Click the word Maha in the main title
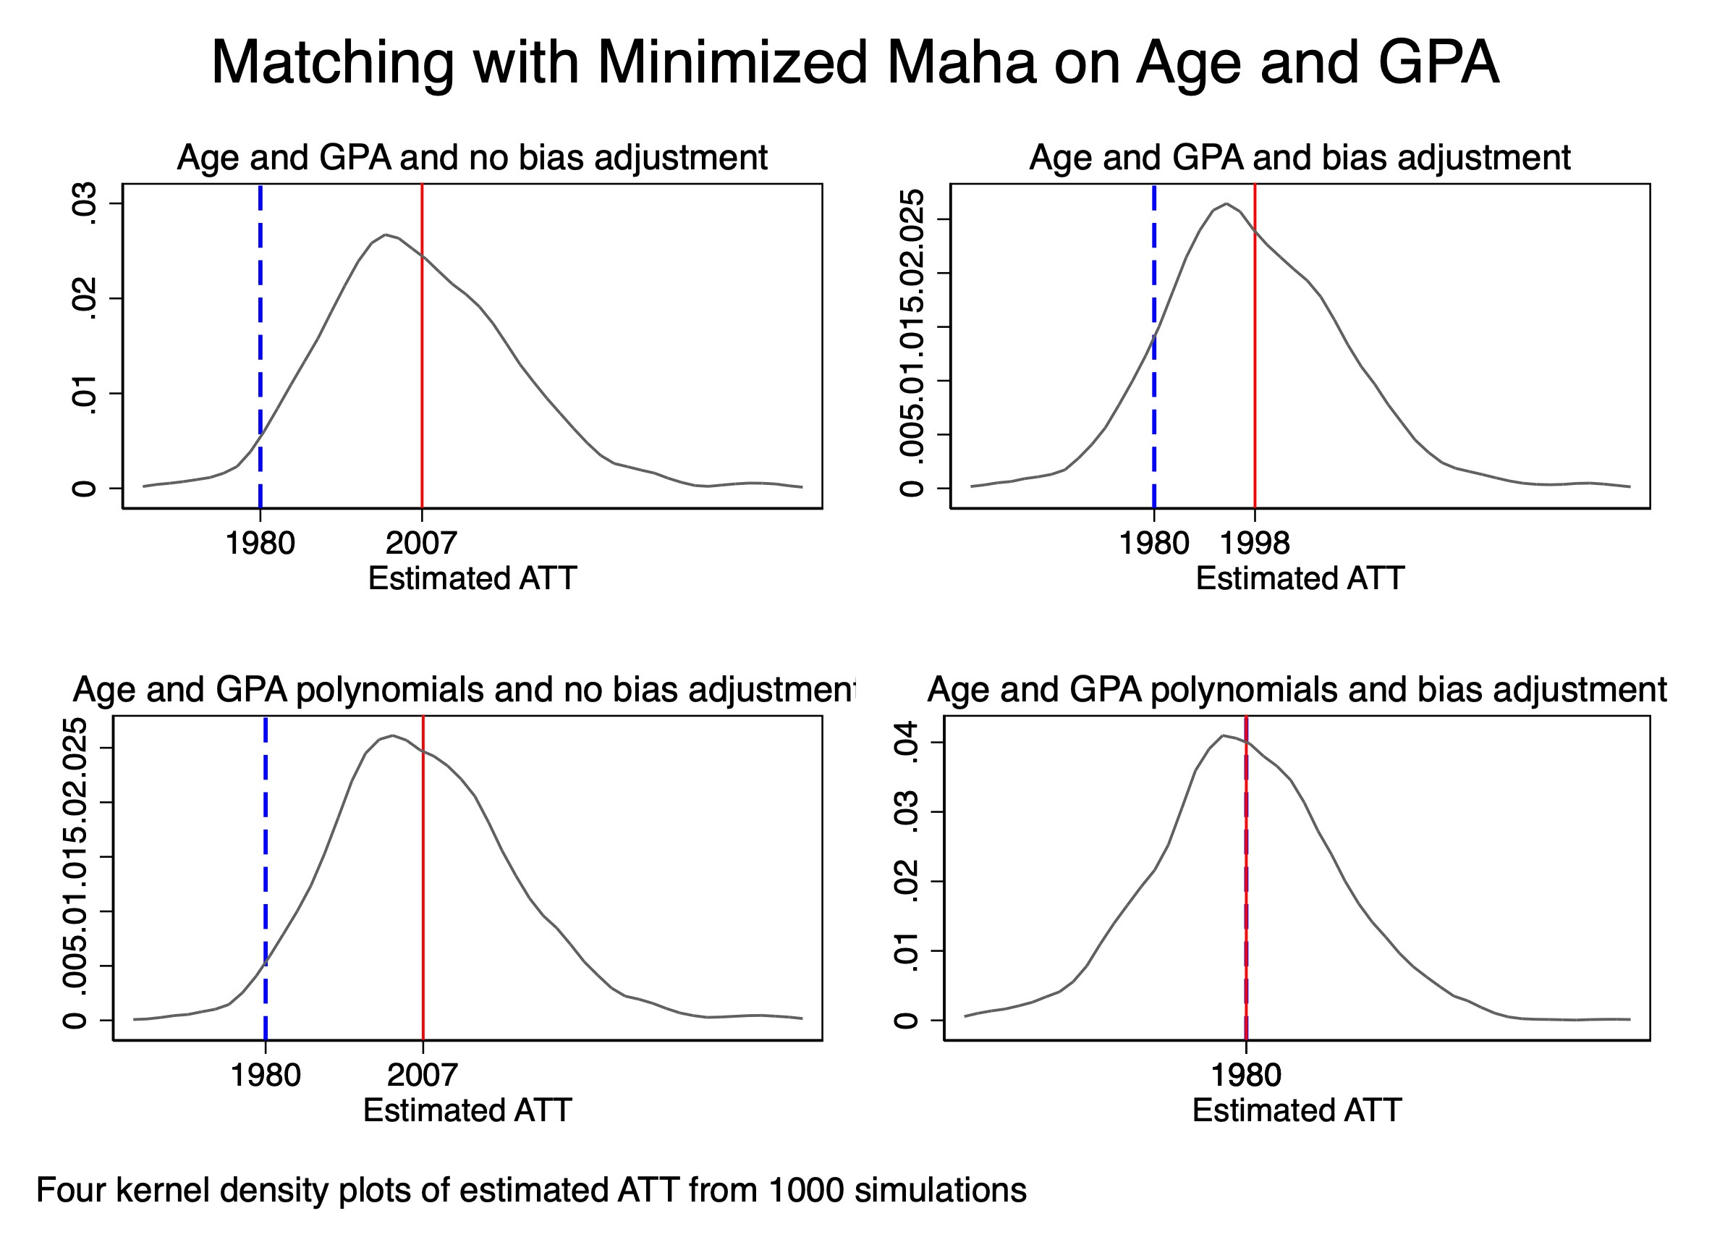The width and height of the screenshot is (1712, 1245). pyautogui.click(x=961, y=62)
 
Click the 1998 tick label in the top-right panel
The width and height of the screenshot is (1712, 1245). pyautogui.click(x=1254, y=544)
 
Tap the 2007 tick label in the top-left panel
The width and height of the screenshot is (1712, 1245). pyautogui.click(x=421, y=544)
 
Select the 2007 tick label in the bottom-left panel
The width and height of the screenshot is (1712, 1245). pyautogui.click(x=422, y=1075)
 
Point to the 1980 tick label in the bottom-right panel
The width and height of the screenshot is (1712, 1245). pyautogui.click(x=1245, y=1075)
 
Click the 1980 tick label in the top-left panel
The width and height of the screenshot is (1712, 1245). pyautogui.click(x=260, y=544)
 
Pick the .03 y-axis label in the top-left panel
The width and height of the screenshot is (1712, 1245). pyautogui.click(x=84, y=203)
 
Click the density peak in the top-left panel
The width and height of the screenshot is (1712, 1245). pyautogui.click(x=385, y=235)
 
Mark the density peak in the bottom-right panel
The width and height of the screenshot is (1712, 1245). pyautogui.click(x=1223, y=735)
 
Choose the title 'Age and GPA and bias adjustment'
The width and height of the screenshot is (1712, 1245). pyautogui.click(x=1300, y=158)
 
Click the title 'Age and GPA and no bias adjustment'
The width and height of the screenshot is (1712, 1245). pyautogui.click(x=472, y=158)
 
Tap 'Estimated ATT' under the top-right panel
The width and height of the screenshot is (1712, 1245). pyautogui.click(x=1300, y=579)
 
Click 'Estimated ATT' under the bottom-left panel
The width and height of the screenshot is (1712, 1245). pyautogui.click(x=467, y=1110)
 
